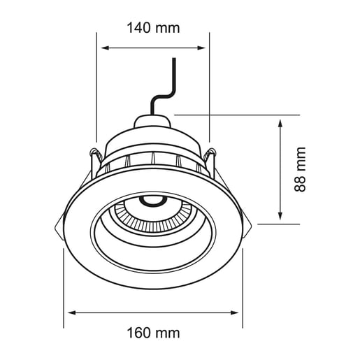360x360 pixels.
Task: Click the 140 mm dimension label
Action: (153, 28)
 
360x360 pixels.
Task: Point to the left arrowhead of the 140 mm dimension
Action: (106, 48)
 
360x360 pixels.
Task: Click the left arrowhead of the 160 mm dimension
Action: (71, 312)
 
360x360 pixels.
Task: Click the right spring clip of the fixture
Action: (214, 161)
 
